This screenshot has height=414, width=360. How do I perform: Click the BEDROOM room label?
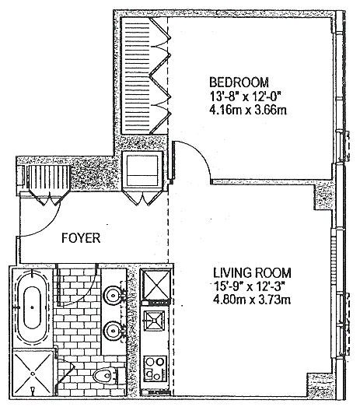[x=239, y=82]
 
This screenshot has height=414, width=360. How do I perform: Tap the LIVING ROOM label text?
[x=252, y=273]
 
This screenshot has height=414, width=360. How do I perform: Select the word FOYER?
[x=81, y=238]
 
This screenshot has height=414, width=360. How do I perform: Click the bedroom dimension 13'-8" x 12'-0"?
[x=244, y=96]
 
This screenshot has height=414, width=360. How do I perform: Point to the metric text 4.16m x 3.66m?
[x=248, y=110]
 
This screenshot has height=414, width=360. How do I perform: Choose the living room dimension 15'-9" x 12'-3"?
[x=250, y=286]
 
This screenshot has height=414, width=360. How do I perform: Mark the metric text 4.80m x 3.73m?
[x=252, y=300]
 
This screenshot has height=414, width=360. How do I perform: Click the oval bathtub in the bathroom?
[x=33, y=307]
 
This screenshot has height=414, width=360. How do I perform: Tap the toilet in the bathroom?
[x=105, y=375]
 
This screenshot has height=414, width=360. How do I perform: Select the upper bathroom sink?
[x=114, y=295]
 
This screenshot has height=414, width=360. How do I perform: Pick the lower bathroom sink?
[x=114, y=330]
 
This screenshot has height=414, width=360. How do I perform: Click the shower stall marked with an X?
[x=33, y=374]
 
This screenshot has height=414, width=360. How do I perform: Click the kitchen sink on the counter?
[x=154, y=321]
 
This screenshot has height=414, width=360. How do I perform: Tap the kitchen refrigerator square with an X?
[x=156, y=285]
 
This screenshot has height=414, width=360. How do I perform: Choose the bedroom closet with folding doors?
[x=145, y=75]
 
